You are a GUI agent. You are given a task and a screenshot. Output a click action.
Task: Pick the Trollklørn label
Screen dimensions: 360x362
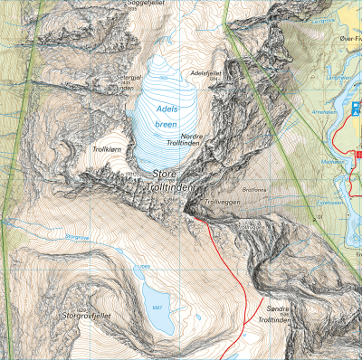[x=106, y=147]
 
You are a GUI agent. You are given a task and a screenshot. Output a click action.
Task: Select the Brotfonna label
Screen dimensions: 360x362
[x=254, y=190]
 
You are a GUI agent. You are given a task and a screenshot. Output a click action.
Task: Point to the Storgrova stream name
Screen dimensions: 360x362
[x=79, y=237]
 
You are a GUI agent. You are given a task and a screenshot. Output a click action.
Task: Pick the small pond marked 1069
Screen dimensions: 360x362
[x=142, y=269]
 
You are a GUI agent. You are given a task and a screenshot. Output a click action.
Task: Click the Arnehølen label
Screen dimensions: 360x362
[x=323, y=111]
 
